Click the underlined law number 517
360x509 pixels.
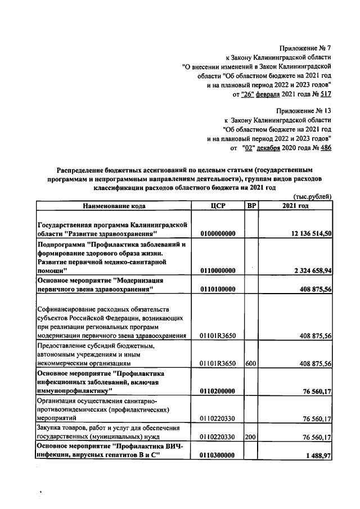coord(325,93)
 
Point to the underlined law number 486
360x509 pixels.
coord(325,147)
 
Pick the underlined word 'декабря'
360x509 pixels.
coord(268,147)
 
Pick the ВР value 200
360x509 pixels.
coord(251,436)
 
